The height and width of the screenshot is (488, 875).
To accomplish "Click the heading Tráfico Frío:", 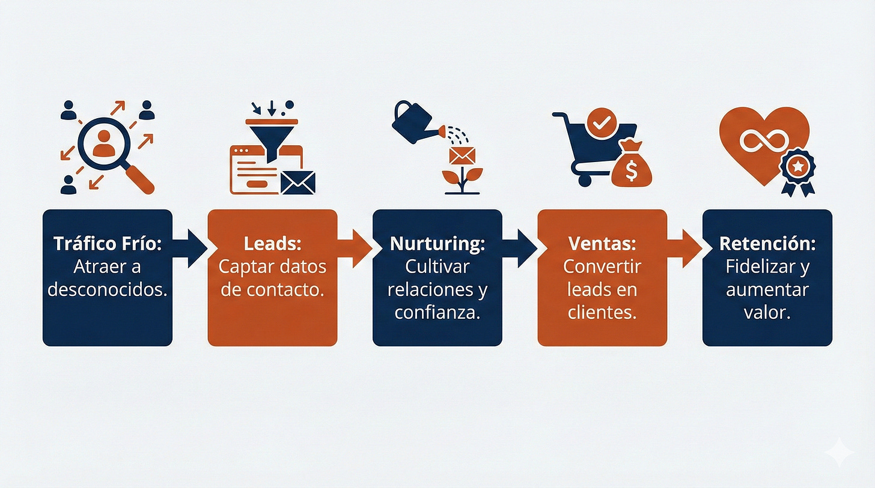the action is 107,244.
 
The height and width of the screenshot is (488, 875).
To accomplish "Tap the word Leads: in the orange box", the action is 272,244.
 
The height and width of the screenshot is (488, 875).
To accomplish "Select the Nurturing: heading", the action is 437,244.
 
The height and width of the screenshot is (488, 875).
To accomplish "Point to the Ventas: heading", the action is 602,244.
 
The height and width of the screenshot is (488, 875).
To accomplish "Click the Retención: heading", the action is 767,244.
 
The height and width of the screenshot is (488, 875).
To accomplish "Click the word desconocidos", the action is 107,290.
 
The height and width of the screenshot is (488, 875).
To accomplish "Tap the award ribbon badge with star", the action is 797,169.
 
